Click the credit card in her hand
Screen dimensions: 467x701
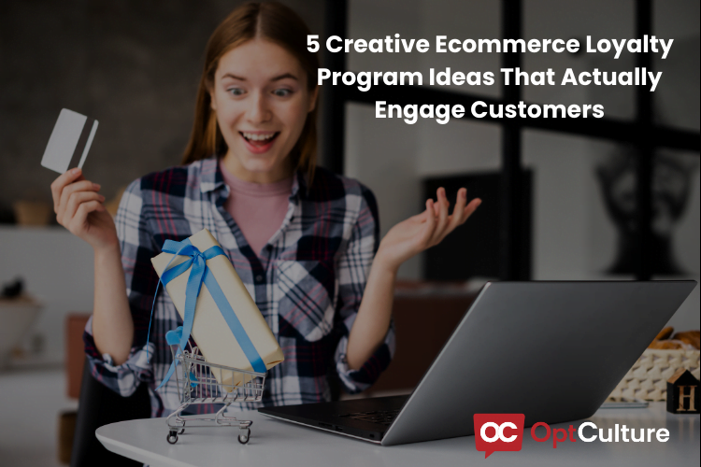tap(67, 140)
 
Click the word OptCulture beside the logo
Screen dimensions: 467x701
tap(599, 434)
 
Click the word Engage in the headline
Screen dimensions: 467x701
tap(412, 110)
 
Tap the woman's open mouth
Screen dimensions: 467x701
tap(261, 140)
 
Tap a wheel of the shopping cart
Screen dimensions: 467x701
tap(174, 437)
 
